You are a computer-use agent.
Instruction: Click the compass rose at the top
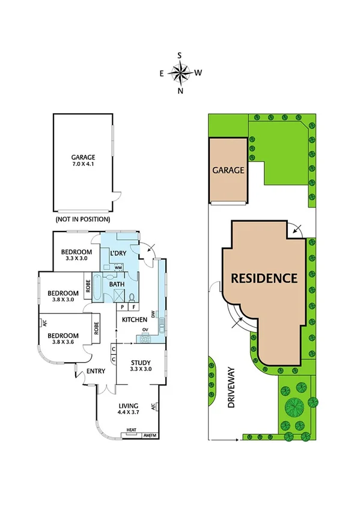click(x=180, y=73)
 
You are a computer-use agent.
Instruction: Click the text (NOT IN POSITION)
click(x=83, y=221)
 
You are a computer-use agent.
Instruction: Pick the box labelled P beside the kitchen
click(x=122, y=307)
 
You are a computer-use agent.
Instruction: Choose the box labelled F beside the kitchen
click(x=133, y=307)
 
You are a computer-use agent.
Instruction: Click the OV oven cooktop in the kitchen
click(x=145, y=339)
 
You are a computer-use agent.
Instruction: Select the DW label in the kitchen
click(x=154, y=314)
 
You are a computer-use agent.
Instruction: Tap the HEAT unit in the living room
click(x=131, y=430)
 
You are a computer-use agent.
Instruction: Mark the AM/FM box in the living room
click(x=150, y=435)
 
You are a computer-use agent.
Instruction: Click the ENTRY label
click(x=96, y=371)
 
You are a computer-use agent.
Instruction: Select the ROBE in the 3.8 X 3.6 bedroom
click(x=96, y=328)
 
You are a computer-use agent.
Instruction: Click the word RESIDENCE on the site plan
click(x=265, y=278)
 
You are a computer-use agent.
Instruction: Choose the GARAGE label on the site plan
click(x=228, y=170)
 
